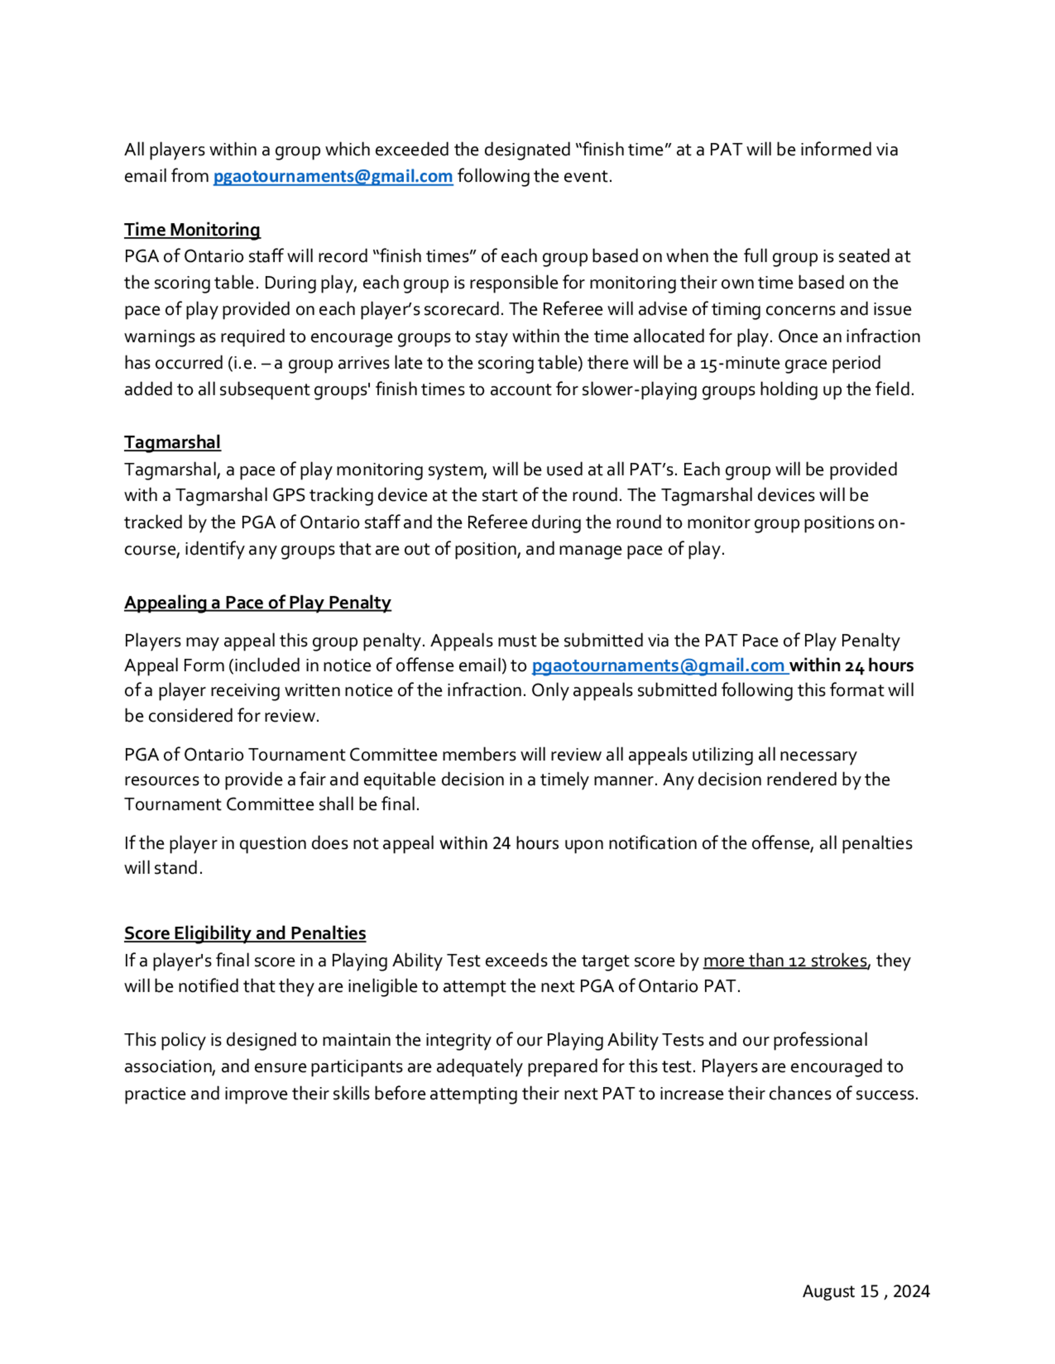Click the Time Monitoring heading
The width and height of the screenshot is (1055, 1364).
[x=192, y=230]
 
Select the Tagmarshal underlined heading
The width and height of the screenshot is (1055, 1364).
[x=172, y=442]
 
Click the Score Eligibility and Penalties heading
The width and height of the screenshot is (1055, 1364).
[x=245, y=933]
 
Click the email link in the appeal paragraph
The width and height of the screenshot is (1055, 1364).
[x=659, y=666]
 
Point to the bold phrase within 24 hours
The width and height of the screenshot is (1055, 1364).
[x=851, y=666]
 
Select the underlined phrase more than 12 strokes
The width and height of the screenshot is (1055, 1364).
[x=785, y=961]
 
